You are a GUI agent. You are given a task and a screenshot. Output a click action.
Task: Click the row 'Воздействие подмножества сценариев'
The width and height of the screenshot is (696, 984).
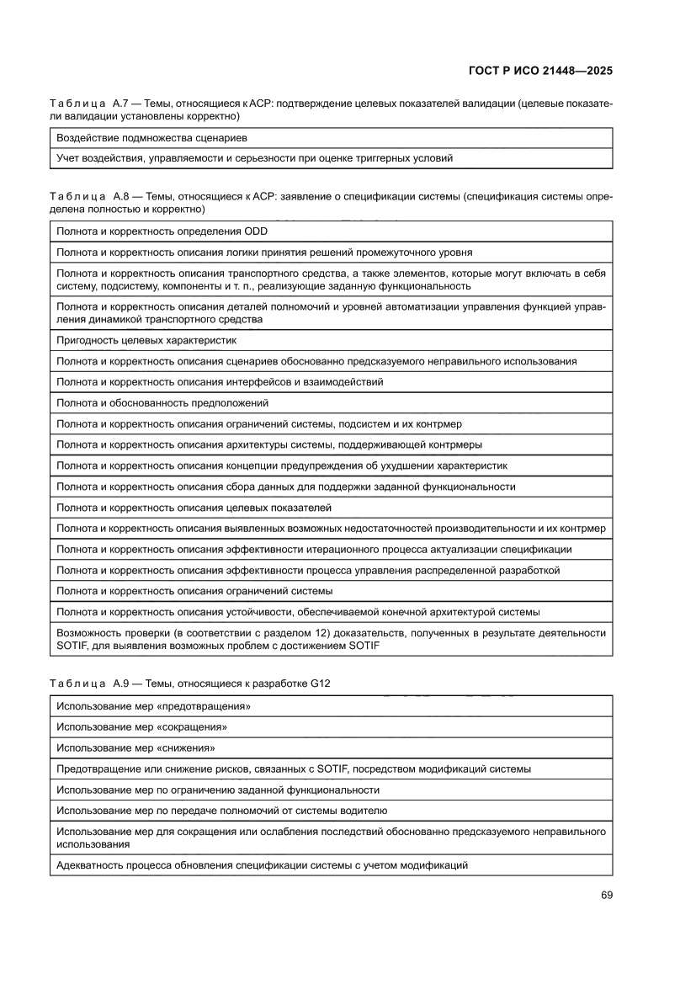point(151,137)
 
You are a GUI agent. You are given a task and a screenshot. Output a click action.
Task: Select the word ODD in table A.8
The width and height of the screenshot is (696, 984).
point(255,231)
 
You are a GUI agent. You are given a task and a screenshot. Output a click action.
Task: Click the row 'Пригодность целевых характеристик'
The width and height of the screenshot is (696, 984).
point(146,340)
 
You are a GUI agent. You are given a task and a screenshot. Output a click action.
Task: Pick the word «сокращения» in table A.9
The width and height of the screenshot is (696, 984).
point(193,726)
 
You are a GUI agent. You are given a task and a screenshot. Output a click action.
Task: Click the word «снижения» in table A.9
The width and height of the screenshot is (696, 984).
point(186,747)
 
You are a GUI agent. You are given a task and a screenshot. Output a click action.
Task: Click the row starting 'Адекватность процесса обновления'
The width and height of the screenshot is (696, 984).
point(262,865)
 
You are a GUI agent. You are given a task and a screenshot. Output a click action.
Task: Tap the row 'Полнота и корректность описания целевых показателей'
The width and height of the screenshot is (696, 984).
point(194,508)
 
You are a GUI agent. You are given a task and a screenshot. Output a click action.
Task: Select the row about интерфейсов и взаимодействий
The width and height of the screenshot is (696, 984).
point(220,382)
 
